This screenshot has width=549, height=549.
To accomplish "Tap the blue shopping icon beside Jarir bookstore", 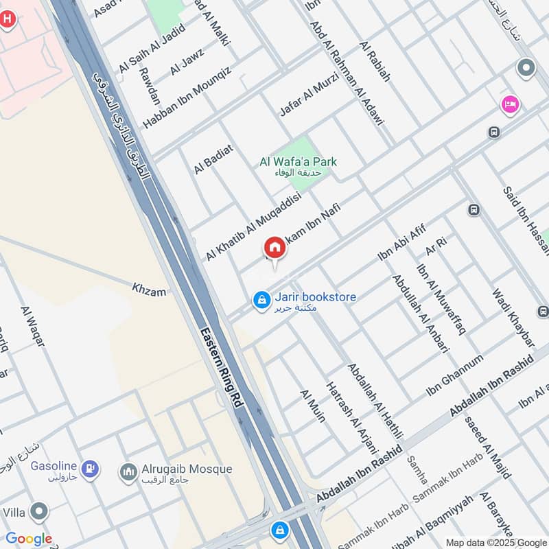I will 261,301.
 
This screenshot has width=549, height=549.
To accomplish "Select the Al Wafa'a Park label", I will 298,162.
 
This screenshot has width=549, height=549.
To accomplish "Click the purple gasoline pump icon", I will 89,470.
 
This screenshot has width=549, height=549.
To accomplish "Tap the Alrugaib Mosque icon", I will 128,471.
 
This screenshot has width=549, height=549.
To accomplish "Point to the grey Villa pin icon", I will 40,511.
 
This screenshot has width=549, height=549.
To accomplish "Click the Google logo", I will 29,539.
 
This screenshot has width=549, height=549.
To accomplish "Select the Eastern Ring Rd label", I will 221,369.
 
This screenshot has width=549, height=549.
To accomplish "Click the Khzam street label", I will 149,292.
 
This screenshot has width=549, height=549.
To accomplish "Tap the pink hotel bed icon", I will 510,104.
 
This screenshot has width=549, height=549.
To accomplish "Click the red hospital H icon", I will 7,19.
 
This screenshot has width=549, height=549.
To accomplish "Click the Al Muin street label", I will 312,405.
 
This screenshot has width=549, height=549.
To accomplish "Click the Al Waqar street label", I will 32,327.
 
